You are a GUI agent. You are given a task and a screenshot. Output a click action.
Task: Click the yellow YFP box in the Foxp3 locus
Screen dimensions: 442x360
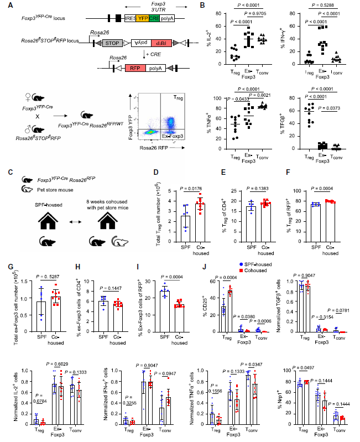coord(141,18)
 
